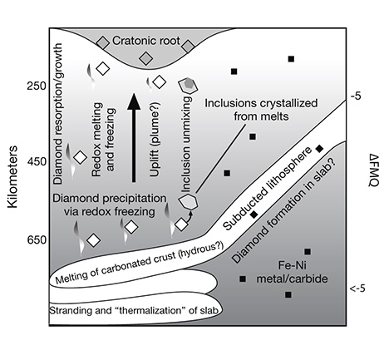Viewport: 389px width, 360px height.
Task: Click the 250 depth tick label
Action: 37,86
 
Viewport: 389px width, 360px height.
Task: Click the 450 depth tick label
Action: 37,161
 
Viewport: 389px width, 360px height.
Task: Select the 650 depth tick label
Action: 37,239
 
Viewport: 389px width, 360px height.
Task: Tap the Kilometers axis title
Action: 12,176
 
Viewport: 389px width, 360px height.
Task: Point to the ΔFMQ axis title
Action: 374,170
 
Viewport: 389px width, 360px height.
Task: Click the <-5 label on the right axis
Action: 357,288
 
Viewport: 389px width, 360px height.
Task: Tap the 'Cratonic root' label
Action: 146,41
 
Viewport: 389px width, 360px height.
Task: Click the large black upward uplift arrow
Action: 134,138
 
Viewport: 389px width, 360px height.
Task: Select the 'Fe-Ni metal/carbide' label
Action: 292,272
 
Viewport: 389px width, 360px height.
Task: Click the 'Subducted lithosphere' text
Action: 267,189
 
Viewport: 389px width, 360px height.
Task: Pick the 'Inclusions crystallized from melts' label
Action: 261,110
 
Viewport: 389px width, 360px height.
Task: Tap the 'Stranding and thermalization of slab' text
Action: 134,310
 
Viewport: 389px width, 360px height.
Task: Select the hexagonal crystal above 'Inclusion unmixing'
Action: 188,85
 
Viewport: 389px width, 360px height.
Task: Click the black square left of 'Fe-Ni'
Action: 243,279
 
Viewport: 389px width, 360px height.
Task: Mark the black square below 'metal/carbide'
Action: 288,294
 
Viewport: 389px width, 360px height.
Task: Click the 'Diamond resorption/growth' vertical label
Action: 59,114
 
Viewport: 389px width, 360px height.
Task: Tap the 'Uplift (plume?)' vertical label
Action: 155,140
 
